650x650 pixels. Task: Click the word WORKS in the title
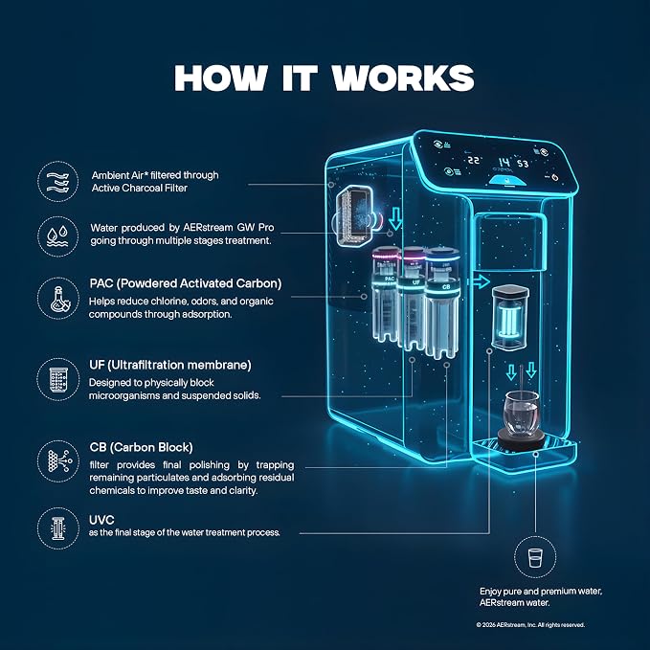(403, 78)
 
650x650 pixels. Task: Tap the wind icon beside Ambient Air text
(57, 182)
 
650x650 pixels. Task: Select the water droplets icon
(57, 235)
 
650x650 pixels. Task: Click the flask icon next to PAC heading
(57, 299)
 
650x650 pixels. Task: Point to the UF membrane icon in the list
(57, 379)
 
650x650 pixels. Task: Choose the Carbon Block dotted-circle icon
(57, 461)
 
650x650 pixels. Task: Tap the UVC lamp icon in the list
(57, 528)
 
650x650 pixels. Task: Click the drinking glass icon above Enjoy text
(535, 557)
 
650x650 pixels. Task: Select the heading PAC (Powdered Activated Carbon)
(186, 283)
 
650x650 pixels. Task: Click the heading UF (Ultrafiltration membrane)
(170, 365)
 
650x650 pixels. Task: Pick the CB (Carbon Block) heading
(141, 447)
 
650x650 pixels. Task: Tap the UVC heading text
(101, 520)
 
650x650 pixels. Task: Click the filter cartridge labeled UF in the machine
(413, 298)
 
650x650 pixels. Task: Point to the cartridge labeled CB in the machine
(442, 303)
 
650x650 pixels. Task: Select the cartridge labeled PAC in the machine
(386, 294)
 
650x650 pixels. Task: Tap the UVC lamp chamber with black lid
(510, 316)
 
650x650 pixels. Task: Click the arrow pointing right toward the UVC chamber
(479, 281)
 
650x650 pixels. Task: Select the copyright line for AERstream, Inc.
(530, 625)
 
